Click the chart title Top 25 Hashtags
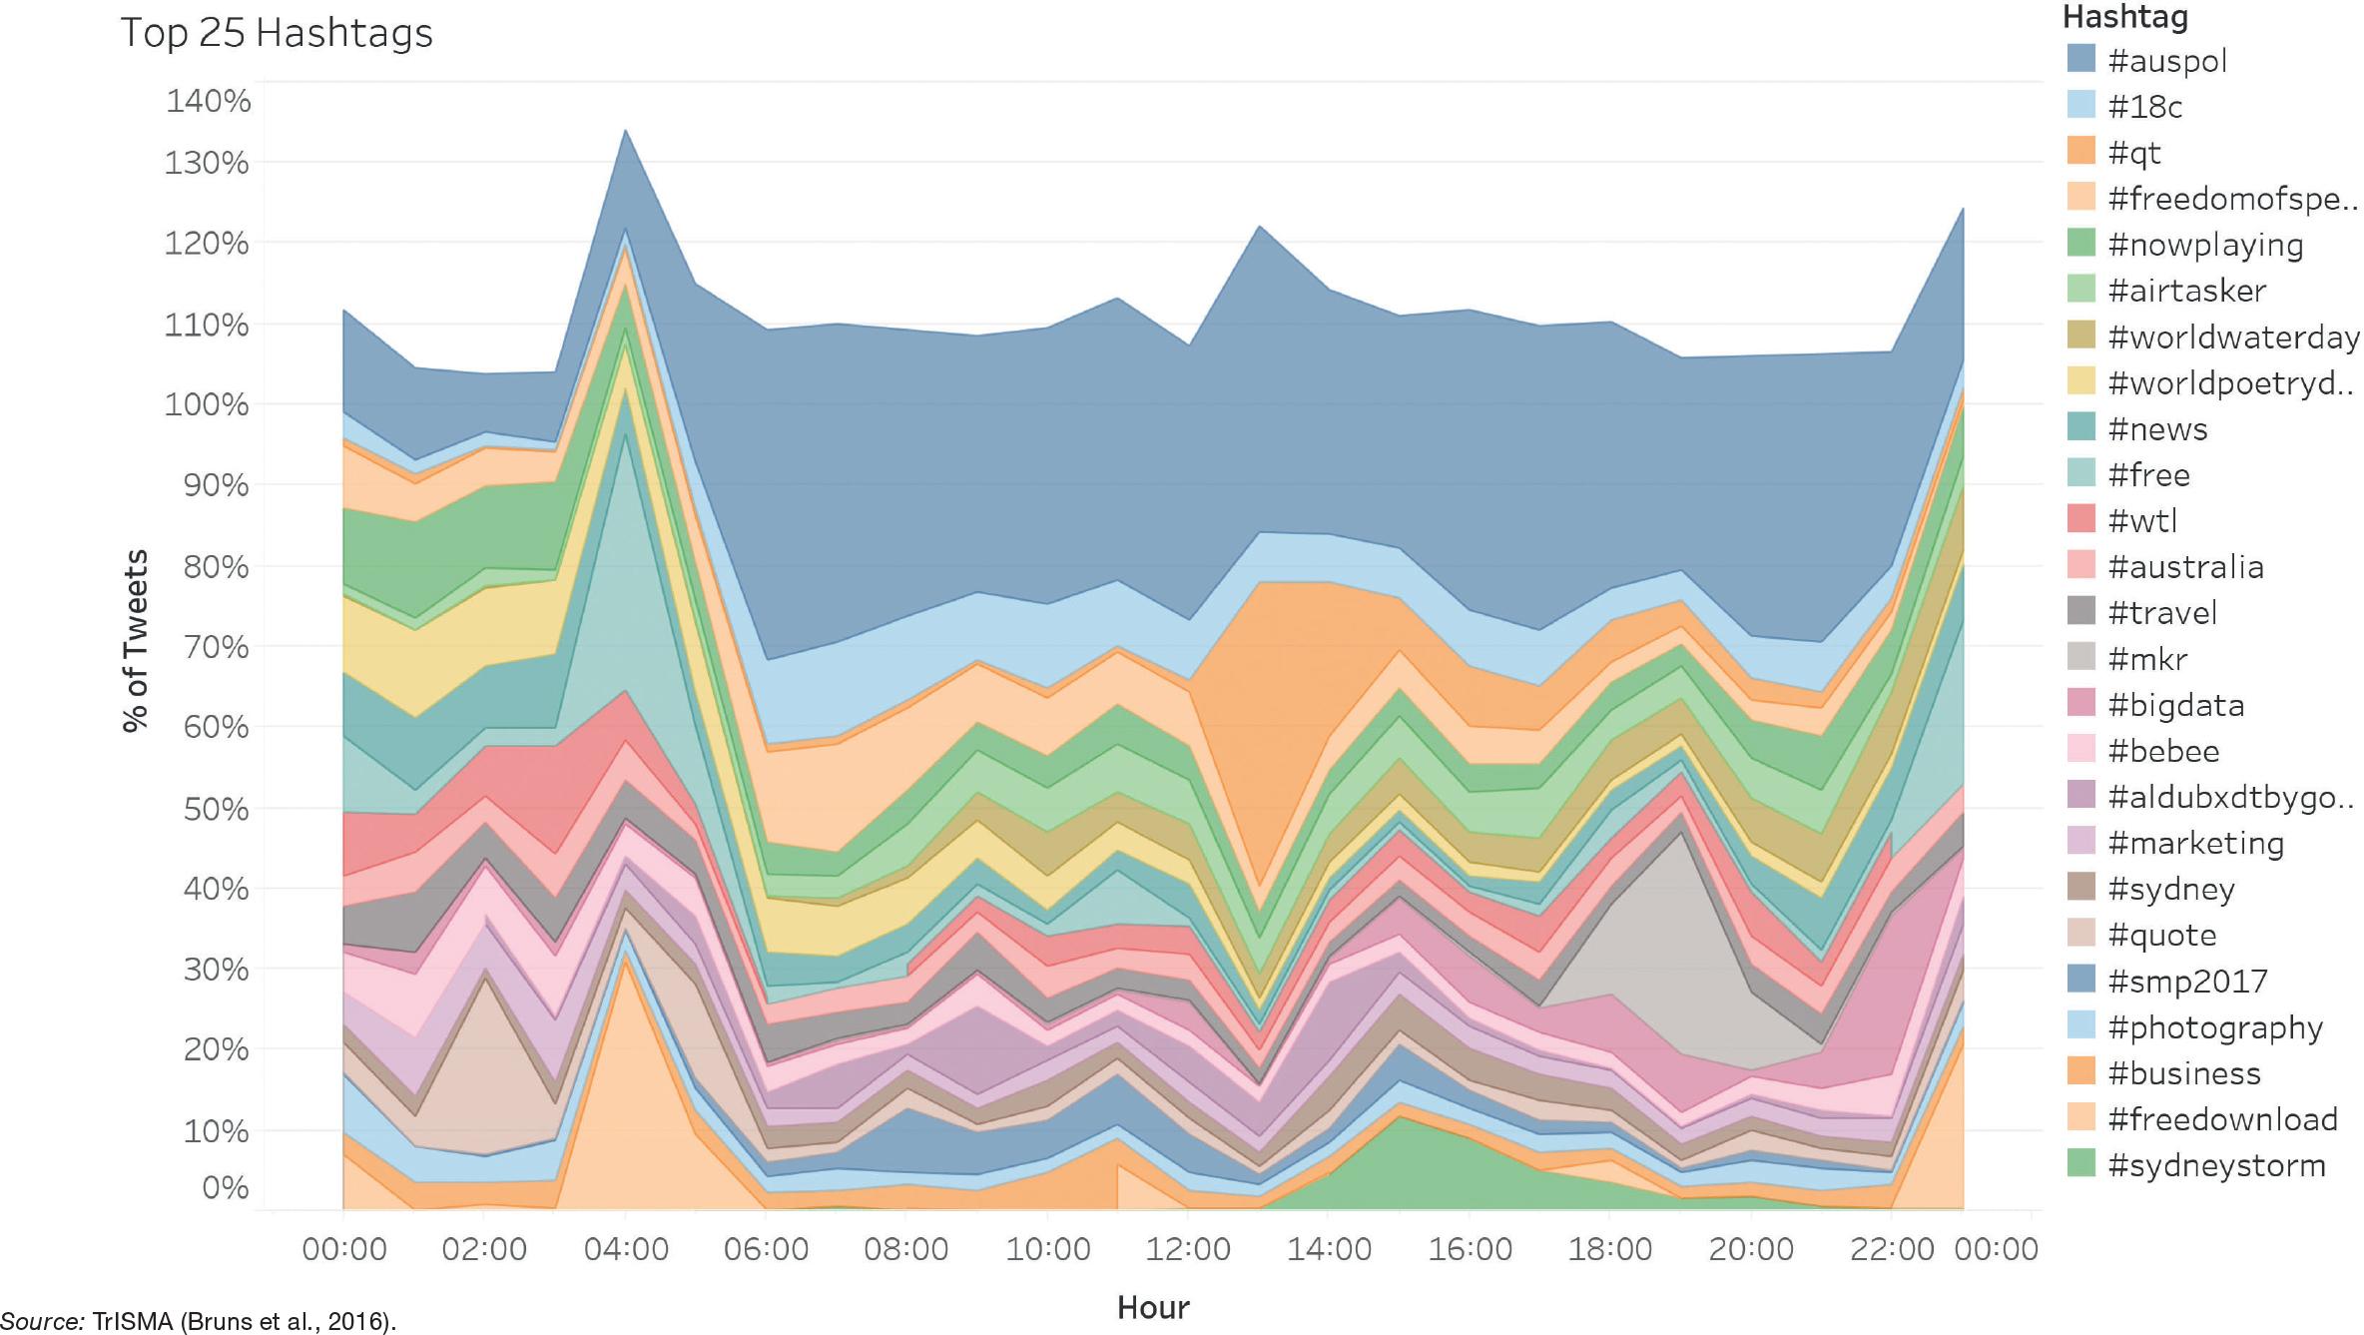[277, 33]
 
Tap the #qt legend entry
[2134, 153]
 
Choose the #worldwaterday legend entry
[2232, 337]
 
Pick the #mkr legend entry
[2147, 659]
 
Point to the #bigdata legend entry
[2175, 705]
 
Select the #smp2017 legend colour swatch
[2080, 980]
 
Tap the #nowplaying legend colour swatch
[2080, 244]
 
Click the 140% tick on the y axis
[208, 101]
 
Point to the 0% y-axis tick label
[225, 1187]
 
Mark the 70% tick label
[216, 647]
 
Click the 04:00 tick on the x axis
[626, 1249]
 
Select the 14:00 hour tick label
[1329, 1249]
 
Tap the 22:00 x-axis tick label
[1892, 1249]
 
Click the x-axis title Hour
[1153, 1308]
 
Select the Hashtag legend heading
[2124, 17]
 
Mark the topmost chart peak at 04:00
[626, 131]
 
